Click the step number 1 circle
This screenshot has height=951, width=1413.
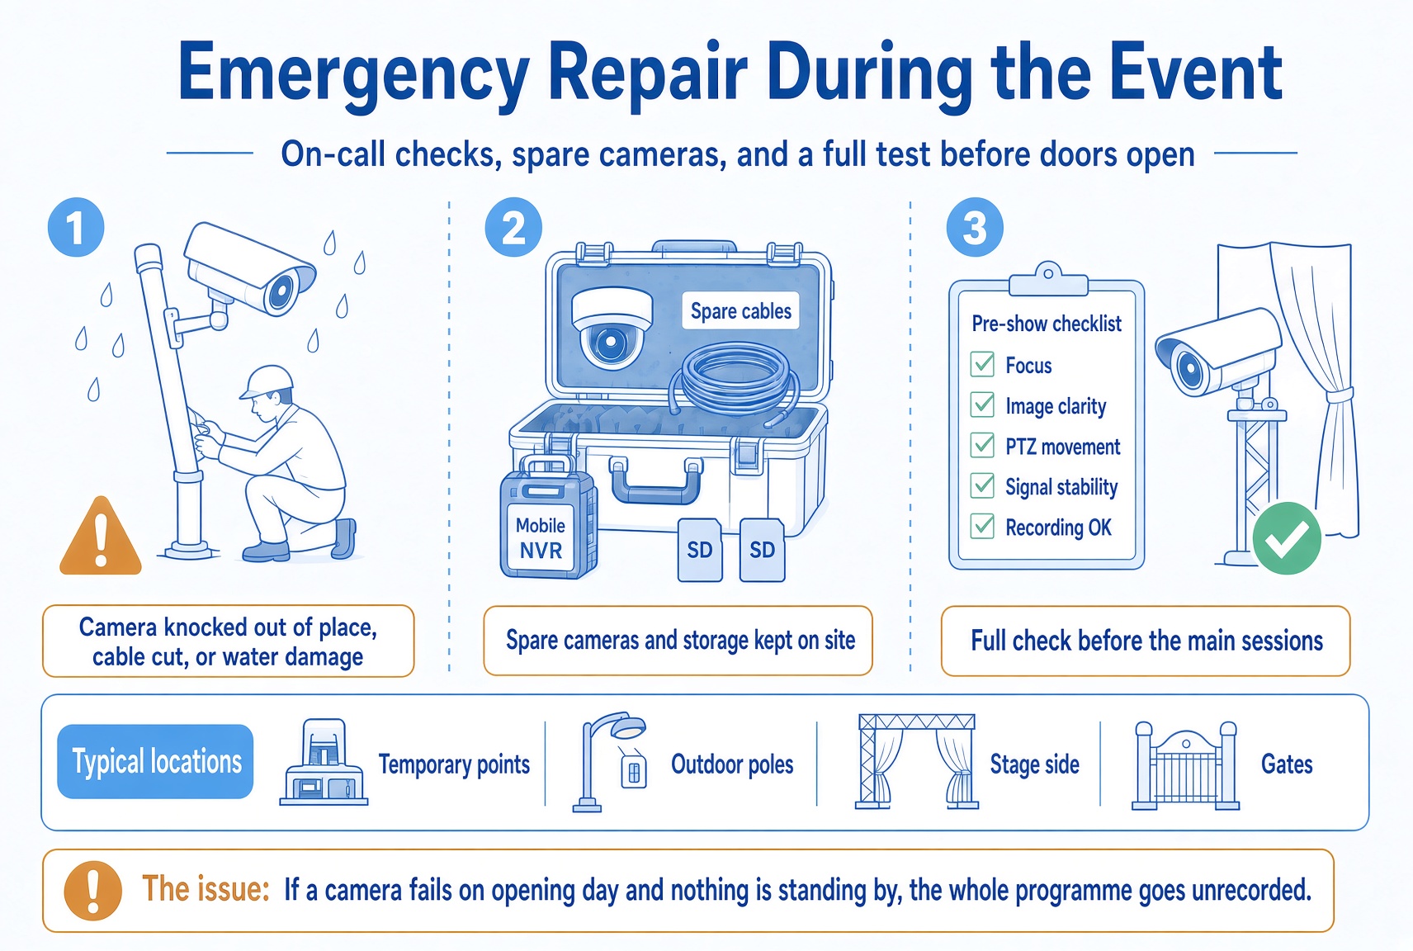pyautogui.click(x=76, y=227)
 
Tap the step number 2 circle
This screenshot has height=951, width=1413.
pyautogui.click(x=513, y=227)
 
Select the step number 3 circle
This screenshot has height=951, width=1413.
pyautogui.click(x=975, y=227)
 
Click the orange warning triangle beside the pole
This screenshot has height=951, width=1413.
pyautogui.click(x=101, y=537)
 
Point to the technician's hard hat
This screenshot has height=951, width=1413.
pyautogui.click(x=268, y=381)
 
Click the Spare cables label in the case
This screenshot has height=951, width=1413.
pyautogui.click(x=740, y=310)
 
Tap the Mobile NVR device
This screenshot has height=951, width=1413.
pyautogui.click(x=547, y=518)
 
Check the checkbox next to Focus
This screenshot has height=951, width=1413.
pyautogui.click(x=982, y=364)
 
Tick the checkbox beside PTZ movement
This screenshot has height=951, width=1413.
pyautogui.click(x=982, y=445)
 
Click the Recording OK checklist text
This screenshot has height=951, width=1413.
pyautogui.click(x=1058, y=528)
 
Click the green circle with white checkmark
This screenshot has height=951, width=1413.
pyautogui.click(x=1287, y=538)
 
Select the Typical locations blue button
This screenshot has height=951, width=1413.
pyautogui.click(x=155, y=762)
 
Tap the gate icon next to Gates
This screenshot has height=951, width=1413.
pyautogui.click(x=1185, y=765)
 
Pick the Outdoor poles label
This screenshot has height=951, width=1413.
pyautogui.click(x=732, y=764)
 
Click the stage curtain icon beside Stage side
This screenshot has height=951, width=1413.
pyautogui.click(x=917, y=762)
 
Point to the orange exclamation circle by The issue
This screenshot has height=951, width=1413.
pyautogui.click(x=92, y=891)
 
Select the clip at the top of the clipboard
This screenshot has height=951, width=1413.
pyautogui.click(x=1047, y=280)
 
